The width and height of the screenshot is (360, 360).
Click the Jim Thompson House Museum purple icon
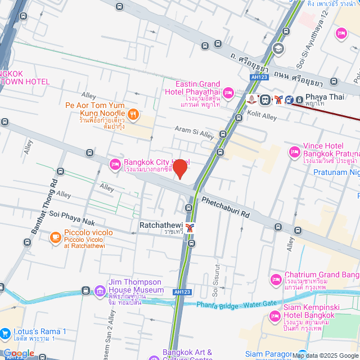(100, 291)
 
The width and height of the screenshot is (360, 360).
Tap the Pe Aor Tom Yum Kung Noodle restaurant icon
(133, 115)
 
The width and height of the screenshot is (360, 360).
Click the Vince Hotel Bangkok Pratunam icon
(294, 151)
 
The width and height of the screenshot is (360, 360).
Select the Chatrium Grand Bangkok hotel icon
(276, 279)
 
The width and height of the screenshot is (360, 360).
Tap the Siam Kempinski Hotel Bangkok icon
(275, 317)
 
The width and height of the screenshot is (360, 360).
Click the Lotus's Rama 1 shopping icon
(4, 334)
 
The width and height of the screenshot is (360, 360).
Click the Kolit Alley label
(262, 115)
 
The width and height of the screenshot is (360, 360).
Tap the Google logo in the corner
(19, 353)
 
